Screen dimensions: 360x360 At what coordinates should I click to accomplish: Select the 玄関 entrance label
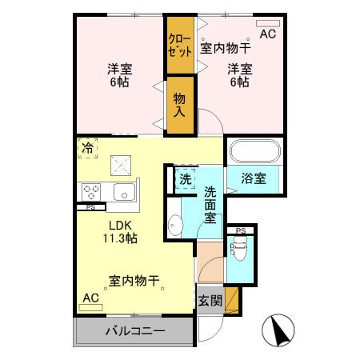210,301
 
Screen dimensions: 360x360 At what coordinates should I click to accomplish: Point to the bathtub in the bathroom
255,152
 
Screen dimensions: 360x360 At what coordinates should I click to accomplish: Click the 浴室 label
254,179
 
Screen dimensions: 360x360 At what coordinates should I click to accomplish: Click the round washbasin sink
175,226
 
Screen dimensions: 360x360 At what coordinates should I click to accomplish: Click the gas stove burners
90,192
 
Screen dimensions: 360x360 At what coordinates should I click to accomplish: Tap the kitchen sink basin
125,192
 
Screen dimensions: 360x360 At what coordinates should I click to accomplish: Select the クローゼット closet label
179,45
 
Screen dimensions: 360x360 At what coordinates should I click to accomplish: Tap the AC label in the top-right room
267,34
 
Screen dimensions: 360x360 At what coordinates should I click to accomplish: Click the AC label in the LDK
90,298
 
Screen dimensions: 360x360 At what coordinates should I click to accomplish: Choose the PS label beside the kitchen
90,207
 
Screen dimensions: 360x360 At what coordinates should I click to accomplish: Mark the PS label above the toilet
239,232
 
